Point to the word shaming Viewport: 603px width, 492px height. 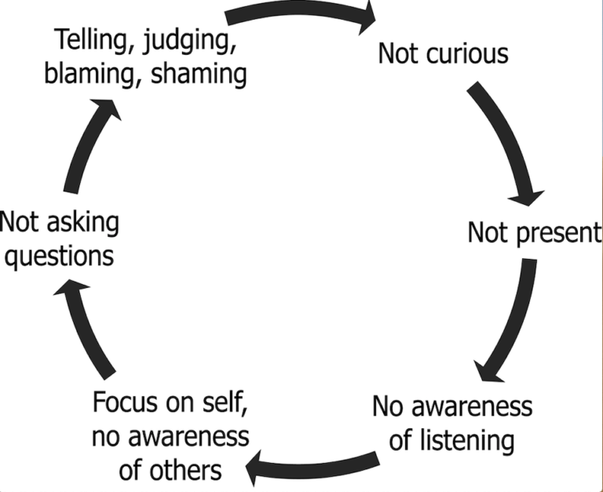[199, 75]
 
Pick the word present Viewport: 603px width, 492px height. [559, 234]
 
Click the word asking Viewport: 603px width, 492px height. [83, 223]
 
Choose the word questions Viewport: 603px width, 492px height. [59, 257]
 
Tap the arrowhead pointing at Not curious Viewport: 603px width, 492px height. [367, 17]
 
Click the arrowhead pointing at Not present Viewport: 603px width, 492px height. [527, 198]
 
